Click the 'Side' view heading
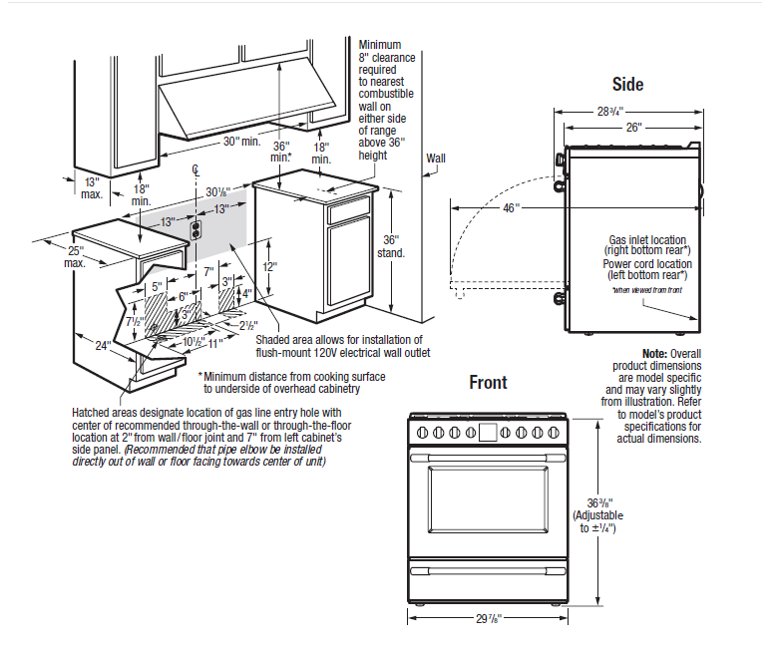coord(627,85)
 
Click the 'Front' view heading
coord(488,383)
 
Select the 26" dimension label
coord(633,128)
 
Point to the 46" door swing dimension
coord(510,208)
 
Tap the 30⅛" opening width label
coord(218,191)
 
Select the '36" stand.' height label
coord(391,246)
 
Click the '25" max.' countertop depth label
coord(76,256)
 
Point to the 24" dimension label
coord(102,346)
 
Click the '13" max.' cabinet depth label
coord(92,187)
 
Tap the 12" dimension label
coord(268,267)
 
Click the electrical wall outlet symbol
coord(196,230)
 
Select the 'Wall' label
coord(436,159)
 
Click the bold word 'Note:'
coord(655,354)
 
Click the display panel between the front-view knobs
coord(488,432)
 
